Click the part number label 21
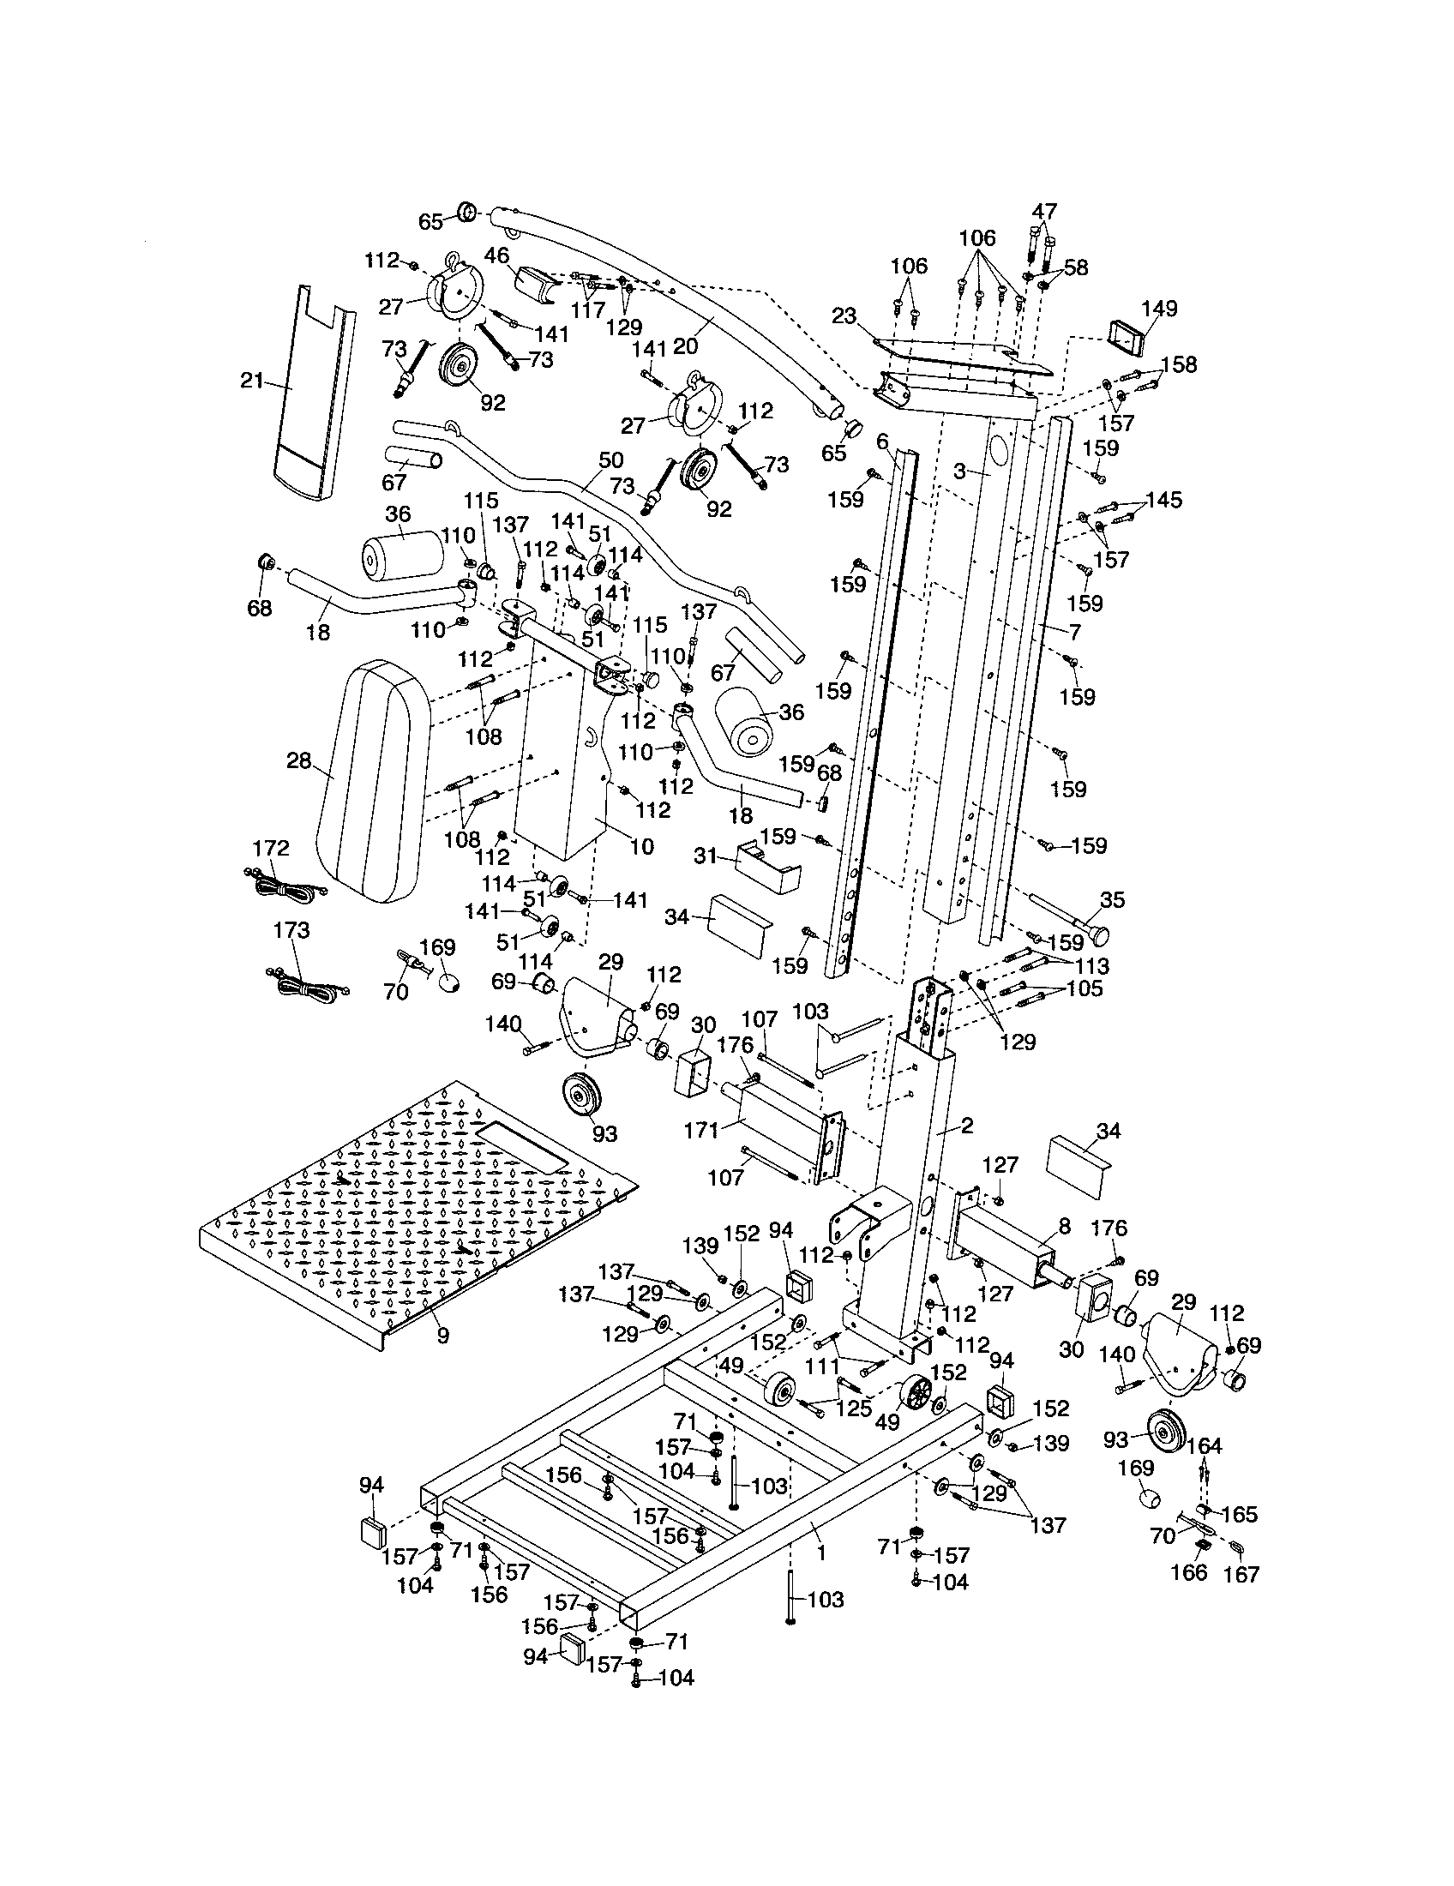[x=250, y=380]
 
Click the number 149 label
[x=1159, y=309]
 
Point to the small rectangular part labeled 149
[x=1125, y=338]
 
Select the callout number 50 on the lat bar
[x=610, y=460]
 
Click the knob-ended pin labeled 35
[x=1071, y=919]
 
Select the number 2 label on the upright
[x=966, y=1125]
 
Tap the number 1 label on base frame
[x=821, y=1553]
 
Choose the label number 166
[x=1188, y=1571]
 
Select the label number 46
[x=496, y=255]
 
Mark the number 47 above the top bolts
[x=1044, y=212]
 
